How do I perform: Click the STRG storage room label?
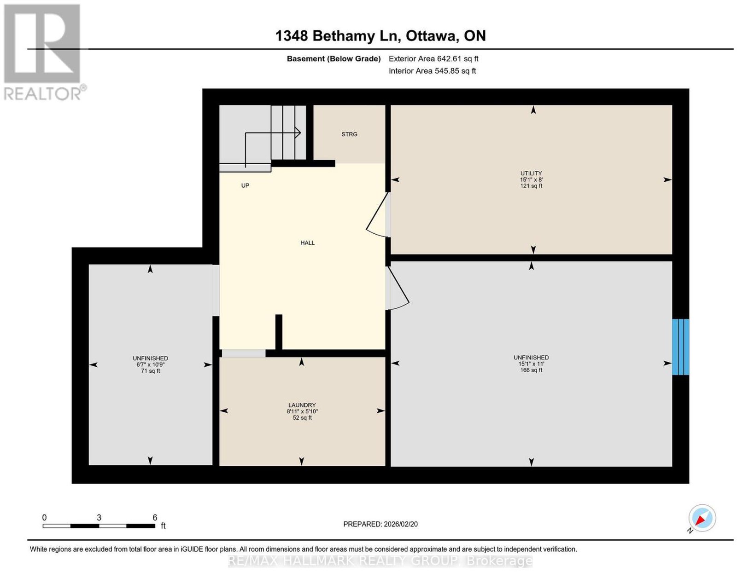(x=349, y=134)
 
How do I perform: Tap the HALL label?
(x=307, y=243)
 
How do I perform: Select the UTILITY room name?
(x=531, y=173)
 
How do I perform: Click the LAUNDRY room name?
(x=302, y=405)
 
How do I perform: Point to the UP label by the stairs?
(x=245, y=185)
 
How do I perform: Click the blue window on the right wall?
(x=680, y=347)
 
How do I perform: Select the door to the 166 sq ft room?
(x=398, y=288)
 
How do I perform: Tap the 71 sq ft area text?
(x=150, y=371)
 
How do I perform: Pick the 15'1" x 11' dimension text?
(x=531, y=364)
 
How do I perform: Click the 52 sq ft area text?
(x=302, y=418)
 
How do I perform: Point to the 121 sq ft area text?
(x=531, y=186)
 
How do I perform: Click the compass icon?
(x=702, y=519)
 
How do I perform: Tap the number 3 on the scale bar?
(x=99, y=518)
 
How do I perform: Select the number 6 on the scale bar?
(x=155, y=518)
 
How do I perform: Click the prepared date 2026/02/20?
(x=401, y=524)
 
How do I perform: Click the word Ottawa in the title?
(x=431, y=36)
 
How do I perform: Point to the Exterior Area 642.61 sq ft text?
(x=433, y=58)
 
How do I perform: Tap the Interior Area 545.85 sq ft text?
(x=432, y=71)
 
